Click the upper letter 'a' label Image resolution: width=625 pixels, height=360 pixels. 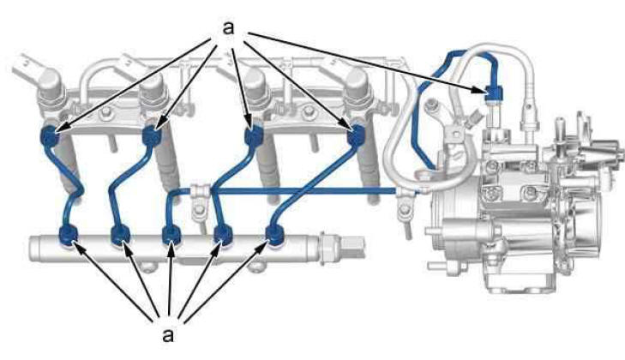pyautogui.click(x=228, y=28)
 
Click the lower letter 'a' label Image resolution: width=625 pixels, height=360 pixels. pyautogui.click(x=169, y=334)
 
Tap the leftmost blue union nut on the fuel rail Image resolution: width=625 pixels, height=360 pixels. pyautogui.click(x=69, y=234)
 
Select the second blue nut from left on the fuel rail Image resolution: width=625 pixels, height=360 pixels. pyautogui.click(x=120, y=234)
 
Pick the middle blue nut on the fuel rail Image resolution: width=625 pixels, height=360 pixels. pyautogui.click(x=172, y=234)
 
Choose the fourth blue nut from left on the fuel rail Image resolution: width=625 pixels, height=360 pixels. pyautogui.click(x=223, y=234)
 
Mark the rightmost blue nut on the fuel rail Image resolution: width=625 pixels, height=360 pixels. pyautogui.click(x=275, y=234)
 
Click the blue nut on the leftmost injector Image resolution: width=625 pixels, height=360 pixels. pyautogui.click(x=51, y=136)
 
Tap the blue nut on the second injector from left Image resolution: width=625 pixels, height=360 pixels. pyautogui.click(x=152, y=136)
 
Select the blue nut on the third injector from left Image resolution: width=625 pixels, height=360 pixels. pyautogui.click(x=254, y=136)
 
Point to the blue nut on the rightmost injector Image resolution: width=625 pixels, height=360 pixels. pyautogui.click(x=356, y=136)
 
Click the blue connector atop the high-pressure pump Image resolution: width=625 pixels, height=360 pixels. pyautogui.click(x=495, y=93)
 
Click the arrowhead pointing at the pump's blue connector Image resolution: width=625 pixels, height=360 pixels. pyautogui.click(x=480, y=90)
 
